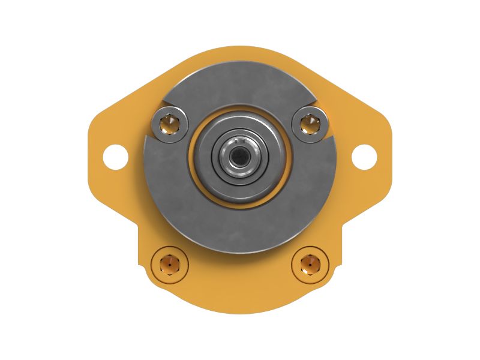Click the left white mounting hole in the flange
[x=115, y=156]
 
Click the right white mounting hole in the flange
[x=364, y=156]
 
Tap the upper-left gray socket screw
[x=170, y=124]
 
